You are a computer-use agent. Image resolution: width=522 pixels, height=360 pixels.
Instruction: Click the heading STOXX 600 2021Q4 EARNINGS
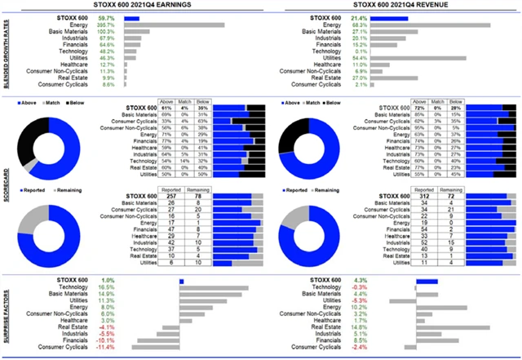point(129,7)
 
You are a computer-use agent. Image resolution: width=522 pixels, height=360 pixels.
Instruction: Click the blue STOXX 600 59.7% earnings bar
point(132,17)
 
